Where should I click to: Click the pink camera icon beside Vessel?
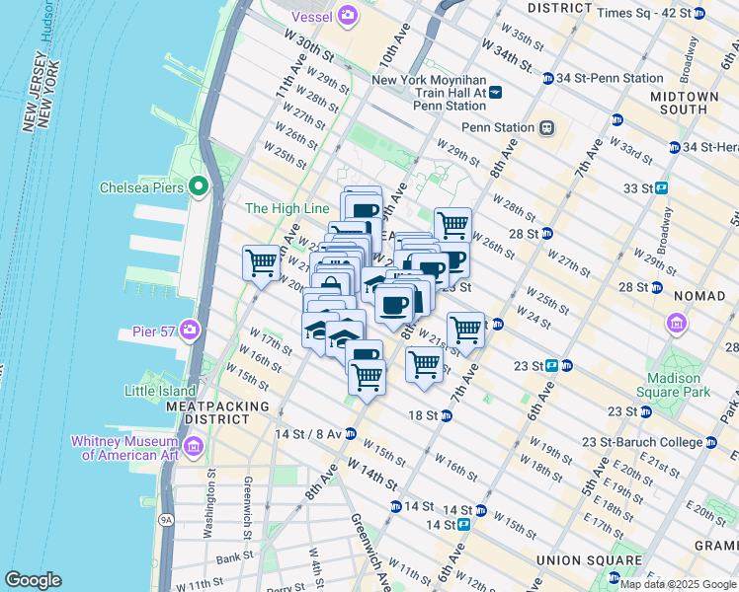pos(347,15)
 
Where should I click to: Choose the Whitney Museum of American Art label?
pos(123,448)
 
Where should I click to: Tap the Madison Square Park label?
pos(679,385)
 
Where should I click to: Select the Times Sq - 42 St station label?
pos(644,13)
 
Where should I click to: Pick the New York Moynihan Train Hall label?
pos(429,86)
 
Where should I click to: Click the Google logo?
pos(33,580)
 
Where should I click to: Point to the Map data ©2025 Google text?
pos(678,584)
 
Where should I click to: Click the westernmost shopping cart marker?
pos(261,263)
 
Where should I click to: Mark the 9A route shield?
pos(164,517)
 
